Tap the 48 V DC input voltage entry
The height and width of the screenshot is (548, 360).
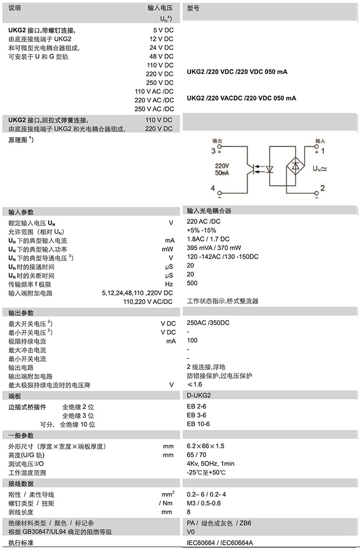(161, 57)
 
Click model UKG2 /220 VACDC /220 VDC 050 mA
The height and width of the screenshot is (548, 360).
(241, 98)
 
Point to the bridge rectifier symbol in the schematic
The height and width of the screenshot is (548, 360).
(297, 165)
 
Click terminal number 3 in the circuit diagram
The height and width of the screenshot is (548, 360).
(213, 150)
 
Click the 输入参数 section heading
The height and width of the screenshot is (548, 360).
(21, 212)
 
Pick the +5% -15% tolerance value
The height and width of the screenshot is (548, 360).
(201, 230)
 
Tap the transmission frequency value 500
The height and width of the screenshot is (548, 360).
(192, 283)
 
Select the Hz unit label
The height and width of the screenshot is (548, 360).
(169, 283)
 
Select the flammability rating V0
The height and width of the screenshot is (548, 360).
(191, 531)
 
